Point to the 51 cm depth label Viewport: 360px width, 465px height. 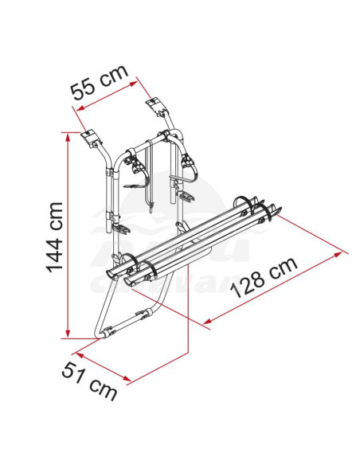[90, 379]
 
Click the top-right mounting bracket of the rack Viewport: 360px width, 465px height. [155, 106]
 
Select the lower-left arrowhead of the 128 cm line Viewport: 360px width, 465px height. [209, 322]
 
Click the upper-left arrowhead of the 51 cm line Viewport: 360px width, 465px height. [76, 352]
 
